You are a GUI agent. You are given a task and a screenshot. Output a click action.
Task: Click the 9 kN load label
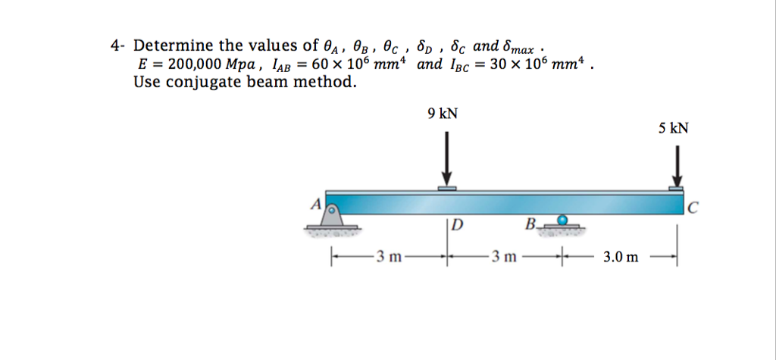443,114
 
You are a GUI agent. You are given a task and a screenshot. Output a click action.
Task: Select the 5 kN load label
674,128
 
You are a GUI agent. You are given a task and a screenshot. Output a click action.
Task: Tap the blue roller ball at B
562,220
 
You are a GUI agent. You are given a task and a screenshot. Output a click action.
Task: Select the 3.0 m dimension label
621,257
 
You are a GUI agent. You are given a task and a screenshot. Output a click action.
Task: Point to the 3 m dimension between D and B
504,257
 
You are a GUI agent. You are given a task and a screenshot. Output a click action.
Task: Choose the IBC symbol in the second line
462,65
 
